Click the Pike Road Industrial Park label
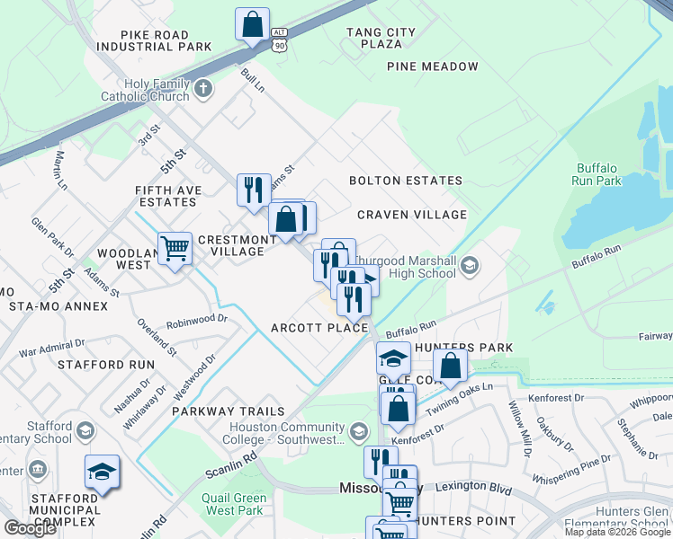pos(166,40)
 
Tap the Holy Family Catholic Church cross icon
pos(204,88)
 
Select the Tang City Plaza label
pos(381,38)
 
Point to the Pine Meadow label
pos(433,66)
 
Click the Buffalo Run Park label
pos(596,174)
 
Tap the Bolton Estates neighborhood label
pos(406,181)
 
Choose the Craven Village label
pos(412,215)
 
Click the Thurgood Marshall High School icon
pos(469,266)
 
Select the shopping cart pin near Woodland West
pos(175,247)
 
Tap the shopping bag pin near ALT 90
pos(253,23)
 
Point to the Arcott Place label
pos(319,328)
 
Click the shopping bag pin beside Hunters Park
pos(450,365)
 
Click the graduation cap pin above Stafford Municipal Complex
pos(102,471)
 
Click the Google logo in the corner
pos(30,528)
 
